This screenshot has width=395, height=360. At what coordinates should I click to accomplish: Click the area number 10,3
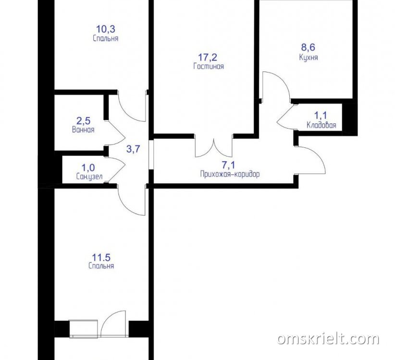(x=106, y=29)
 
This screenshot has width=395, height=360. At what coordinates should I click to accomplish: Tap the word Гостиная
(x=209, y=66)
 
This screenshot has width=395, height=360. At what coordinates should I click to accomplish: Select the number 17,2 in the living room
(x=208, y=57)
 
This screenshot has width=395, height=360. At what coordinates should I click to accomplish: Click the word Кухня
(x=309, y=57)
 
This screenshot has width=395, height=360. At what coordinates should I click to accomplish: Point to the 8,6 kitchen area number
(x=309, y=48)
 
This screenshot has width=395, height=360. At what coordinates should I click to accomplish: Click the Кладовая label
(x=321, y=125)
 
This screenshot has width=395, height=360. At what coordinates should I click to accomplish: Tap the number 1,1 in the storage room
(x=321, y=116)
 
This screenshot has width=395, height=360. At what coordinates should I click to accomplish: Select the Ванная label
(x=83, y=130)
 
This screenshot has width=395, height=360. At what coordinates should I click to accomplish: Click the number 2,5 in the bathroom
(x=84, y=121)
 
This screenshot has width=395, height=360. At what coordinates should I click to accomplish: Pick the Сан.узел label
(x=89, y=177)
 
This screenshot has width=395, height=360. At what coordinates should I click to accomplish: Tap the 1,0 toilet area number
(x=88, y=168)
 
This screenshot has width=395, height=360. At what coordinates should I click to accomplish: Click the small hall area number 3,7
(x=133, y=149)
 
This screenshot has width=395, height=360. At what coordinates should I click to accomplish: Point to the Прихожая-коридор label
(x=230, y=174)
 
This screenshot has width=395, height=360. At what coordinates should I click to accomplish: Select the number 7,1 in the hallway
(x=228, y=165)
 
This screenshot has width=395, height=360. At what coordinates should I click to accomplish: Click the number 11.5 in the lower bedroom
(x=101, y=258)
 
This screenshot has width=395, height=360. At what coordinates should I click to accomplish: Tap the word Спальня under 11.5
(x=101, y=266)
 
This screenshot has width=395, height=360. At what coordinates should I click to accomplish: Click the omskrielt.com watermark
(x=328, y=339)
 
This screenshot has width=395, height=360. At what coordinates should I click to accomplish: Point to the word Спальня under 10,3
(x=106, y=38)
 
